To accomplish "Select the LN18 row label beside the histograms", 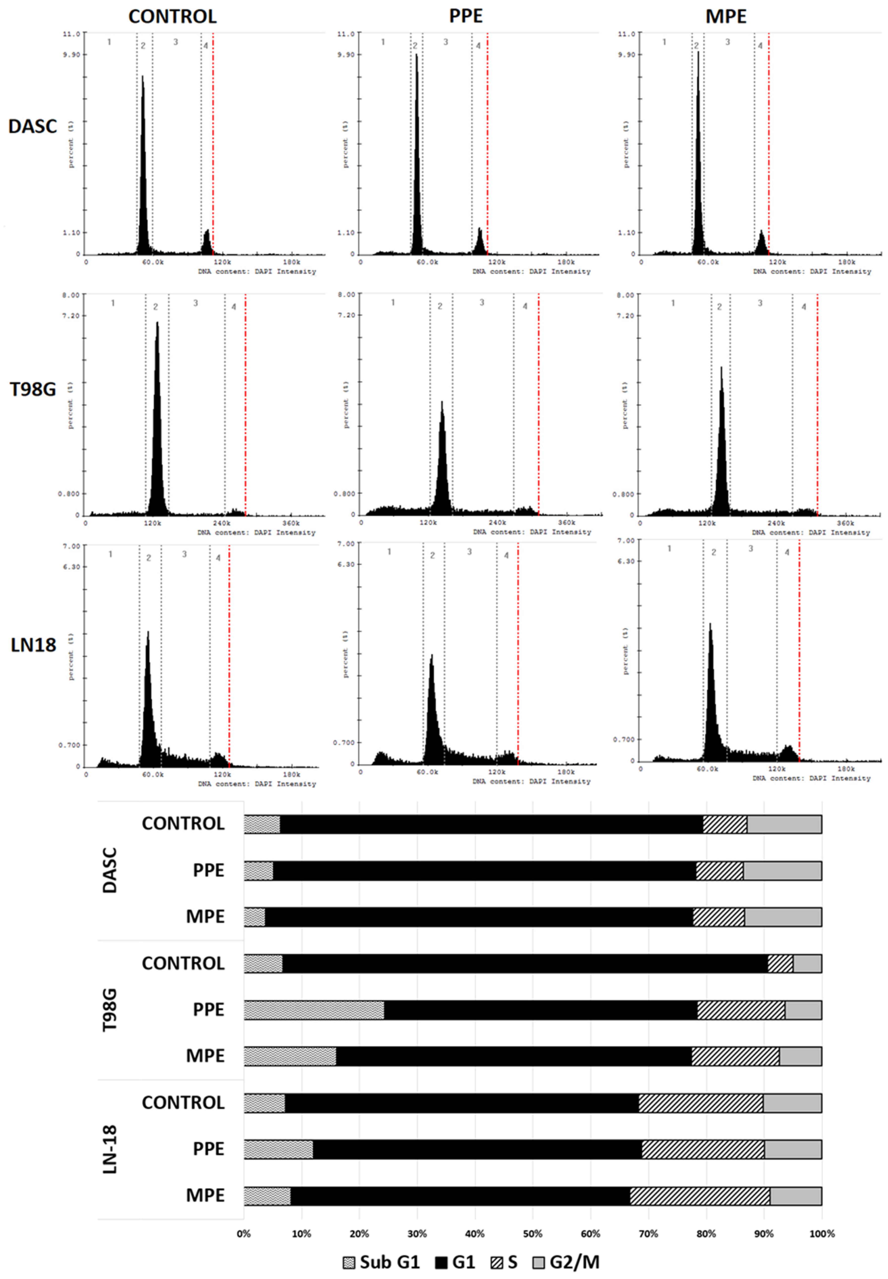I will tap(33, 645).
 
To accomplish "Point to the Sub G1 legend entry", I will tap(381, 1262).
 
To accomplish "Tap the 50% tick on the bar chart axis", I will tap(532, 1233).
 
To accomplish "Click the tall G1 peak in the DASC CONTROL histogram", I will tap(143, 167).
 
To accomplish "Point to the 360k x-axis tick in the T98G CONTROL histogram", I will tap(291, 524).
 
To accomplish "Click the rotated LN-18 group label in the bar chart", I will tap(110, 1149).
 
